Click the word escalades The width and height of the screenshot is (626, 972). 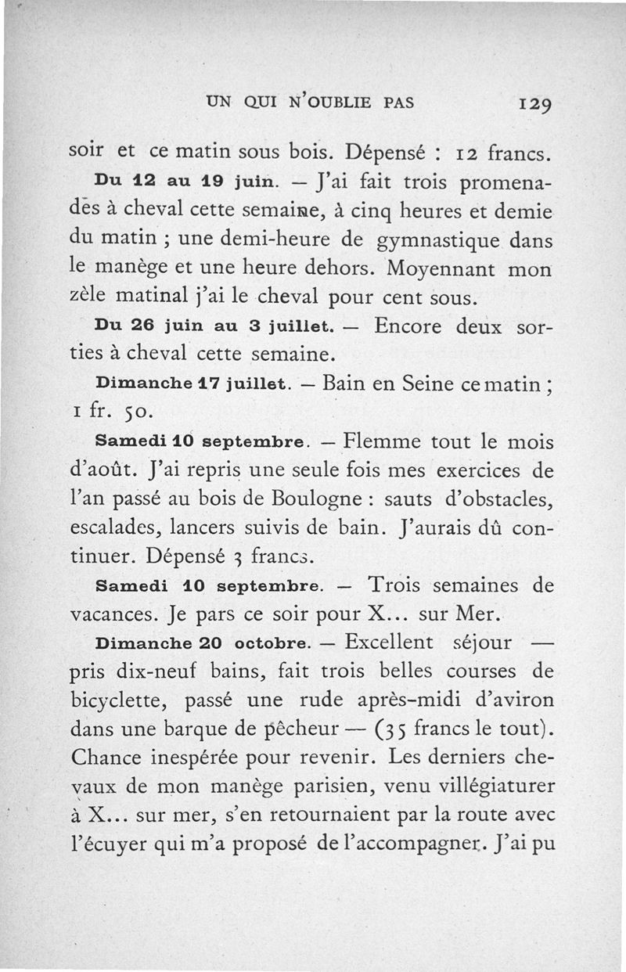tap(114, 528)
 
